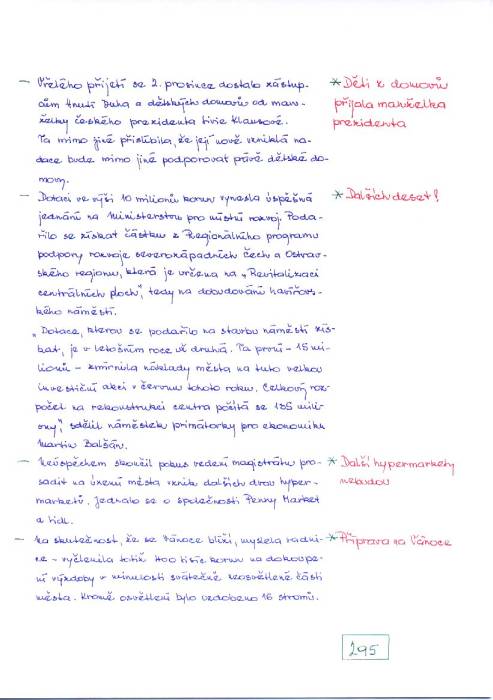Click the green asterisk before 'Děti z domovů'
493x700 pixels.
click(x=336, y=82)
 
